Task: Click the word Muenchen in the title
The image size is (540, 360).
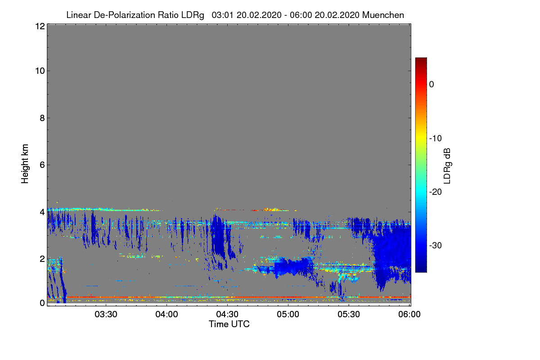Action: pos(383,15)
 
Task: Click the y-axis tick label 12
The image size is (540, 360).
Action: pos(39,27)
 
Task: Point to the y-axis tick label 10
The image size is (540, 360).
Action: pos(39,71)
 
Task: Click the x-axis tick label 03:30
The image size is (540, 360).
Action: pos(107,315)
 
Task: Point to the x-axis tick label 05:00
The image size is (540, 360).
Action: pos(288,315)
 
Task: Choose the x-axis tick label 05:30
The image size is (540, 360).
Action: pos(349,315)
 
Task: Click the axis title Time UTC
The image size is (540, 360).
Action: pos(229,324)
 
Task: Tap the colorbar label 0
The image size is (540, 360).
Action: pos(432,85)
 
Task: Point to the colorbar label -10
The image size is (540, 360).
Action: pos(435,138)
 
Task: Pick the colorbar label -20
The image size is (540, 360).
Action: pos(435,192)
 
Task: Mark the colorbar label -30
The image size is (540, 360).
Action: pos(435,246)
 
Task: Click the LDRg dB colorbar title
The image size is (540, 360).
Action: pos(447,166)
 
